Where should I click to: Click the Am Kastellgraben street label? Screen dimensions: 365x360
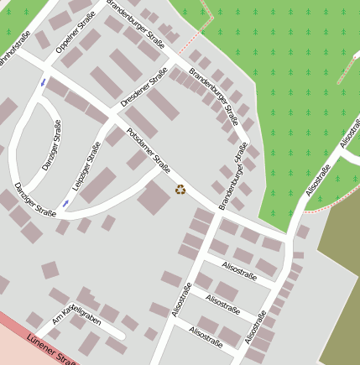click(x=76, y=315)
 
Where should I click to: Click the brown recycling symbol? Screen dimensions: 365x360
click(x=180, y=190)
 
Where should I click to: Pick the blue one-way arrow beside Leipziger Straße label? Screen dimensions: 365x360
click(x=65, y=204)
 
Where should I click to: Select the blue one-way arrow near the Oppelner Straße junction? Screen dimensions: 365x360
click(x=43, y=82)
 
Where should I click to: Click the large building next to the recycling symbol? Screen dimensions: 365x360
click(x=154, y=199)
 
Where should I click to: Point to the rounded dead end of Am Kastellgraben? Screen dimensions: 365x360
click(x=123, y=336)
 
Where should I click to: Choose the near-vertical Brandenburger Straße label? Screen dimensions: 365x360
click(x=234, y=177)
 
